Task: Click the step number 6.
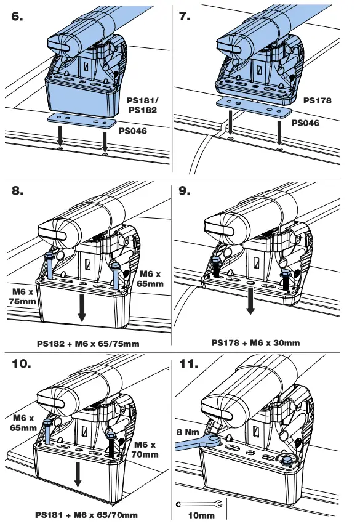(x=17, y=16)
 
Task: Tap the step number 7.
(x=185, y=16)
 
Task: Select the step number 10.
(x=22, y=364)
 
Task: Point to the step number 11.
(x=189, y=364)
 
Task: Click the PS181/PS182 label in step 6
(x=142, y=105)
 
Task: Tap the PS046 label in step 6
(x=133, y=131)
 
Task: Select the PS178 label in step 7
(x=317, y=100)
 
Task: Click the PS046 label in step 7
(x=305, y=123)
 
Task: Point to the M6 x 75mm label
(x=23, y=296)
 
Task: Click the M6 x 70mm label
(x=145, y=450)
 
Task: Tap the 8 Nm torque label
(x=188, y=432)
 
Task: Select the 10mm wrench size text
(x=201, y=515)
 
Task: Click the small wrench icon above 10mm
(x=199, y=504)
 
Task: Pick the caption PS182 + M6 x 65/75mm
(x=88, y=344)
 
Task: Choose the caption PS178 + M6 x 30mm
(x=256, y=343)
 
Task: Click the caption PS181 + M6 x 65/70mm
(x=86, y=515)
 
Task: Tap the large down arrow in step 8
(x=82, y=307)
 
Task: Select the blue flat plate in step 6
(x=82, y=121)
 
